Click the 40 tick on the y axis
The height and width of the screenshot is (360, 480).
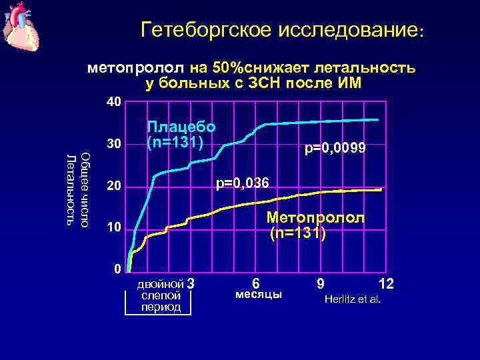(x=114, y=102)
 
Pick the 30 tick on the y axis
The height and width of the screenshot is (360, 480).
(x=114, y=144)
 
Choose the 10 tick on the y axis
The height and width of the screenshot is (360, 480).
(x=114, y=229)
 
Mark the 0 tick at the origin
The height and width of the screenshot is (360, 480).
(x=117, y=269)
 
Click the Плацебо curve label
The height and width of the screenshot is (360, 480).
(x=181, y=127)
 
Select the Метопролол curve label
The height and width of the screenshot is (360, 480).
(x=315, y=217)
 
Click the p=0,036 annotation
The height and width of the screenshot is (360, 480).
(x=241, y=182)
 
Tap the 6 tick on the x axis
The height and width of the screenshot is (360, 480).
(x=256, y=283)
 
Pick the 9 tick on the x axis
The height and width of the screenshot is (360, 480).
(x=321, y=283)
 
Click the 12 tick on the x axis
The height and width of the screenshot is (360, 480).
(x=386, y=283)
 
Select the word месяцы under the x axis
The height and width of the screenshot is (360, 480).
(x=259, y=295)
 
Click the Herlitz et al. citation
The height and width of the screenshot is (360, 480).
(x=352, y=298)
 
